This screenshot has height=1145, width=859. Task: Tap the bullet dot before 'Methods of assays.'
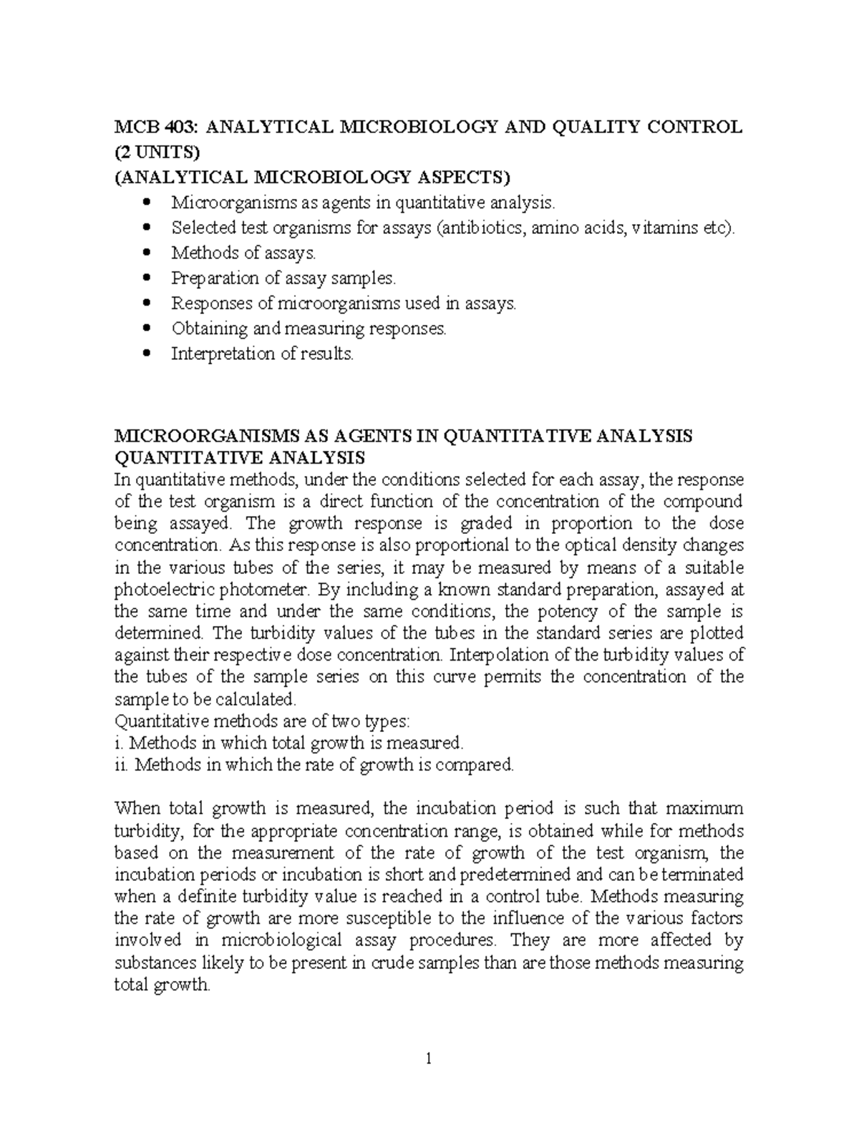click(x=147, y=253)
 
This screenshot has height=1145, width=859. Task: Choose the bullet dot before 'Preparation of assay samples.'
click(x=147, y=278)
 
